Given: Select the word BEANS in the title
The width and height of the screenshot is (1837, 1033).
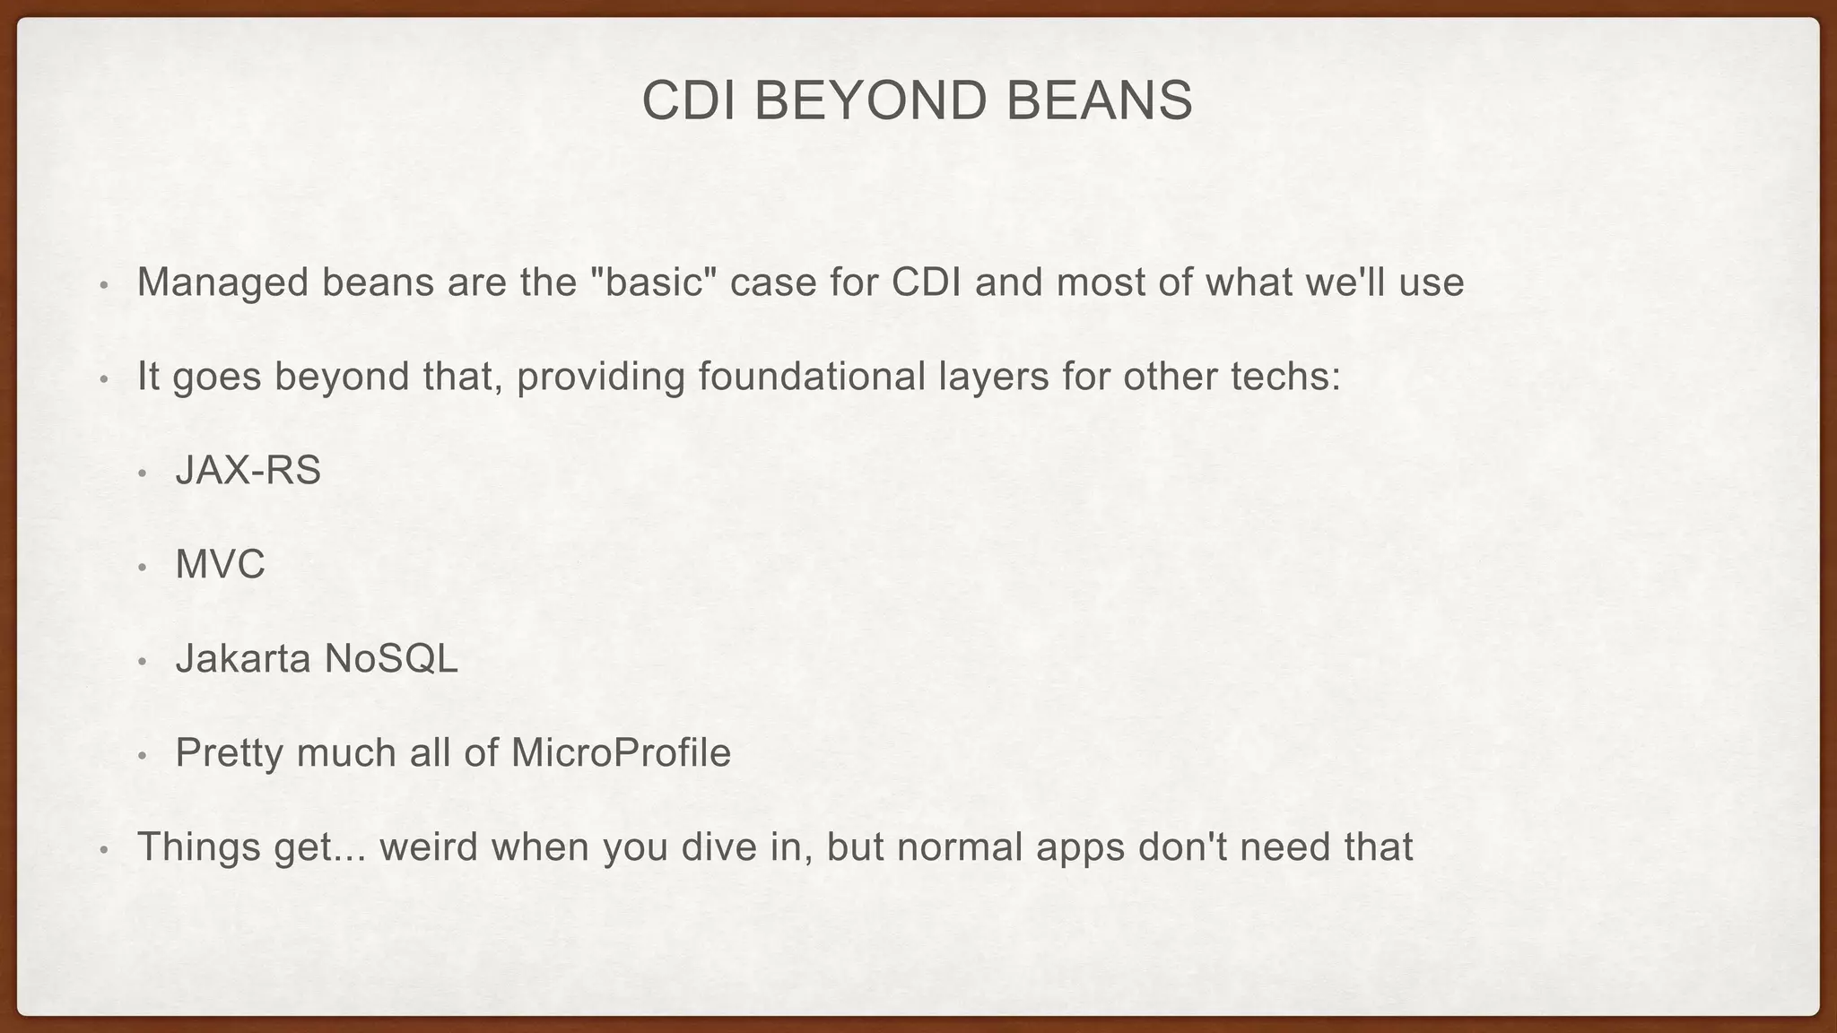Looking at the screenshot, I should tap(1100, 100).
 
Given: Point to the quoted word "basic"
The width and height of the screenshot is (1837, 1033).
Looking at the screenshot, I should tap(655, 282).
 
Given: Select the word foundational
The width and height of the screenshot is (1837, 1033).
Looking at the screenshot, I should tap(811, 377).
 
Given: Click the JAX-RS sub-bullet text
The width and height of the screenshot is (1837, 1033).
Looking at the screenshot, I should tap(248, 471).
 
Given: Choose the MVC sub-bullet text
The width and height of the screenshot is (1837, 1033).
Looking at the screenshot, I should tap(221, 565).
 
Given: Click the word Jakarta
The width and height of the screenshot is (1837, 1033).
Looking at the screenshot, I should tap(242, 659).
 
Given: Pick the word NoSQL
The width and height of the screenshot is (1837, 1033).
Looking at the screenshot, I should tap(391, 659).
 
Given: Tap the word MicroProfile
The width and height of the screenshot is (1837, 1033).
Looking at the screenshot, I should tap(621, 753).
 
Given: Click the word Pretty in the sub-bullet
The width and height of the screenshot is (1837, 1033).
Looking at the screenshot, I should tap(229, 753).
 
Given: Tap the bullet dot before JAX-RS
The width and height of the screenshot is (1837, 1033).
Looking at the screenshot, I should tap(142, 473).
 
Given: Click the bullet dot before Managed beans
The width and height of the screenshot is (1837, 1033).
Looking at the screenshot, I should tap(103, 286).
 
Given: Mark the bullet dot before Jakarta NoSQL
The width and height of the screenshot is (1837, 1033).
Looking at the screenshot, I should tap(142, 662).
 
